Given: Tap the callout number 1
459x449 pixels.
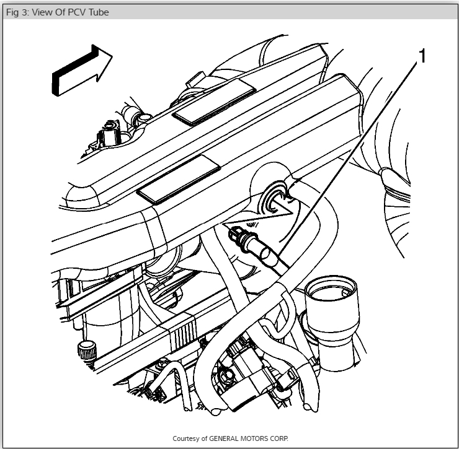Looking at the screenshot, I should point(422,56).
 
